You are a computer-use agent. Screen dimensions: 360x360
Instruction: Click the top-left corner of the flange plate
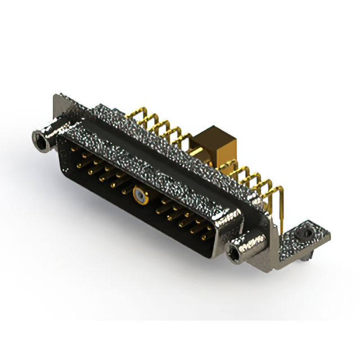56,97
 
